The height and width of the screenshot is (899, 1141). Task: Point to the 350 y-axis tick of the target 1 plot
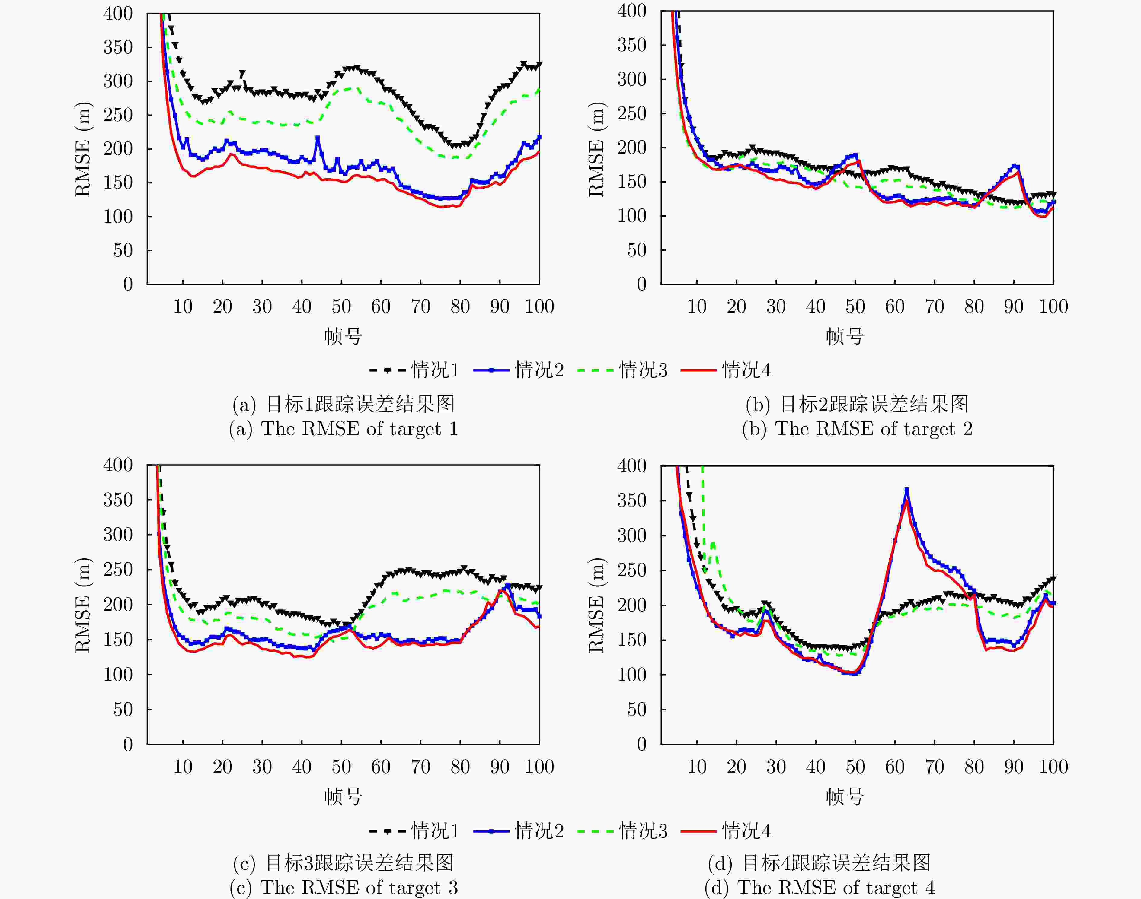point(118,47)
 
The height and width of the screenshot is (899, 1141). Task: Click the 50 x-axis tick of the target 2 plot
point(855,306)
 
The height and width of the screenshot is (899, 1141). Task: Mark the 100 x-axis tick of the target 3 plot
point(539,767)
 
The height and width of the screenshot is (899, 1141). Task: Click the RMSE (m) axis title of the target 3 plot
point(83,605)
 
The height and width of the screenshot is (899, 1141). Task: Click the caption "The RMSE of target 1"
point(343,429)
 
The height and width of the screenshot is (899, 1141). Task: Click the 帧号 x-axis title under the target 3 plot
point(343,797)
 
